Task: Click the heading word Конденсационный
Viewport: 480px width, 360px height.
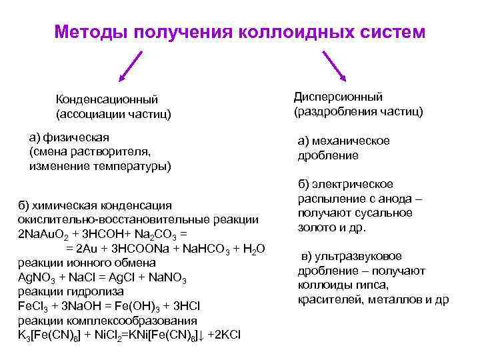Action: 107,100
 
